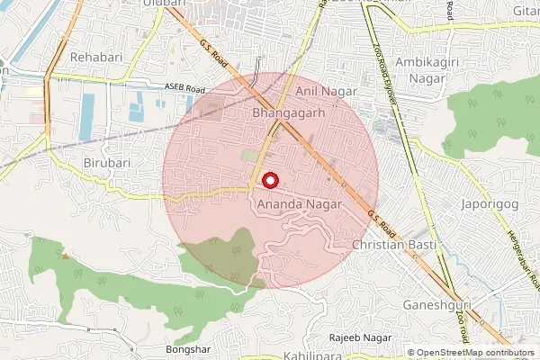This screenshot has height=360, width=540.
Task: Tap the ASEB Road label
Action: click(185, 89)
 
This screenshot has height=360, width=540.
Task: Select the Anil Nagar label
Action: click(321, 92)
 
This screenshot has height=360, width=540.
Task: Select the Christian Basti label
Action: click(394, 245)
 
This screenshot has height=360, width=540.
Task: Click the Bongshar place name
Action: click(186, 348)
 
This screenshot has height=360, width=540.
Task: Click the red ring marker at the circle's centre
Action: click(269, 180)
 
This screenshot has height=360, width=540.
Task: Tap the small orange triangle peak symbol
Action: click(65, 255)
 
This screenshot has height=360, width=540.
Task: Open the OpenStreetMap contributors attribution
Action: click(475, 353)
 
